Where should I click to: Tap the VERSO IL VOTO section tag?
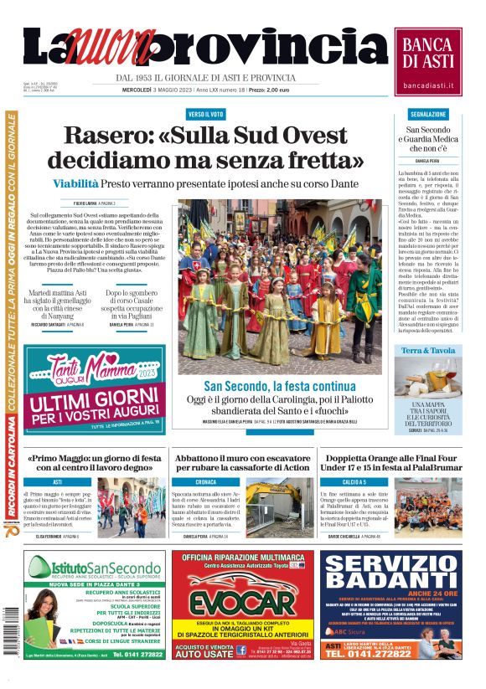click(x=205, y=113)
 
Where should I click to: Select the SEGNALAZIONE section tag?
click(x=427, y=113)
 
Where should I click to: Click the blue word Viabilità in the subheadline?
click(x=76, y=183)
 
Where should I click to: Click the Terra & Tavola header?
click(x=427, y=351)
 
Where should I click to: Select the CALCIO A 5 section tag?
click(x=354, y=482)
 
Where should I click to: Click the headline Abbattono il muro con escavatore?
click(x=241, y=463)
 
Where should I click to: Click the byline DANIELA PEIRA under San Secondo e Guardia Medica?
click(x=427, y=160)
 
